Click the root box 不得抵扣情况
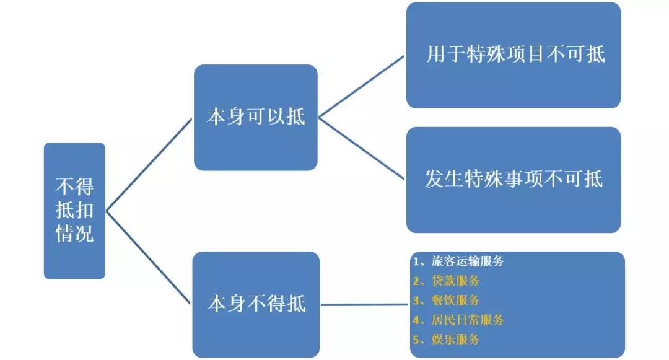(75, 211)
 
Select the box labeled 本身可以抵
(256, 117)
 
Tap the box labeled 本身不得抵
(256, 305)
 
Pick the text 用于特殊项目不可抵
(516, 54)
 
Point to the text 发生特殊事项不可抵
(514, 178)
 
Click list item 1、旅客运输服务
(458, 261)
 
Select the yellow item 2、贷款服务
(446, 281)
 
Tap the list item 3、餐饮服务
(446, 301)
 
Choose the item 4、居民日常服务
(458, 320)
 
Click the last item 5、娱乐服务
(446, 339)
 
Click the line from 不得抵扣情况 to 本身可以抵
(149, 165)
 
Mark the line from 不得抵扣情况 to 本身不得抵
(148, 258)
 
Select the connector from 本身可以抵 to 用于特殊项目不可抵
(361, 86)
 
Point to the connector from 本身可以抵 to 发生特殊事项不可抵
(361, 149)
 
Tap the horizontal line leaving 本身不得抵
(365, 305)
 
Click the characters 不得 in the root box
(75, 187)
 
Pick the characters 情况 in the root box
(75, 234)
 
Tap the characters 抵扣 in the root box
(75, 210)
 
